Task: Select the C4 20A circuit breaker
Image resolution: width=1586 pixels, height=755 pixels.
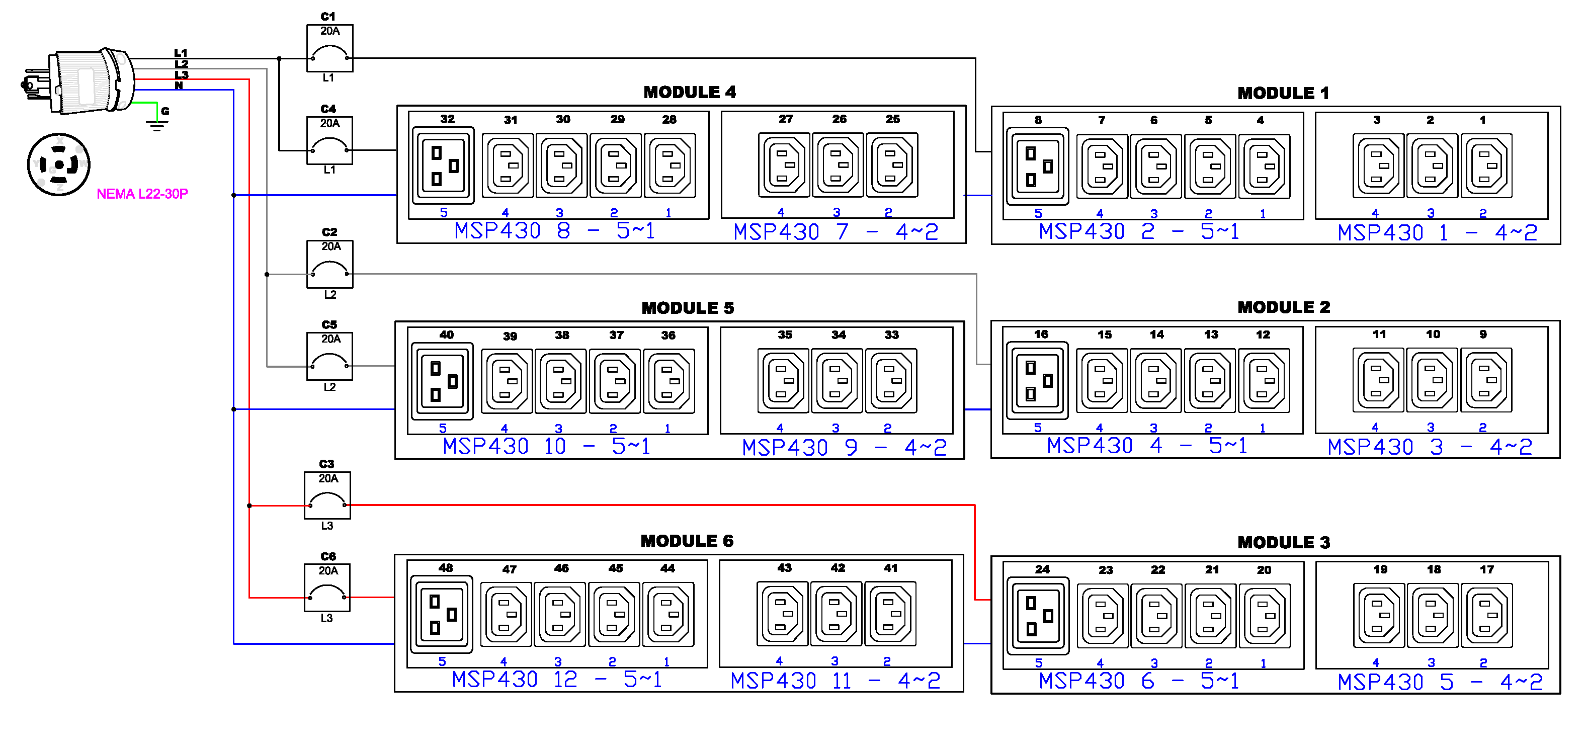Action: click(x=329, y=140)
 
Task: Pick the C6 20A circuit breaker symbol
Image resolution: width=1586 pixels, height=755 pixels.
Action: click(x=327, y=588)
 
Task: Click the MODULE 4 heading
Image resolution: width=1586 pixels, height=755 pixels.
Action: click(x=690, y=93)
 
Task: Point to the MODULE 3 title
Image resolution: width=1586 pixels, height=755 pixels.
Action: click(x=1283, y=543)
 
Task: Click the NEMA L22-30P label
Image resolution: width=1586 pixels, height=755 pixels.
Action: click(x=142, y=194)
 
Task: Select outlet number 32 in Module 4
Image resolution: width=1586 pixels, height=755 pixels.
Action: click(x=443, y=165)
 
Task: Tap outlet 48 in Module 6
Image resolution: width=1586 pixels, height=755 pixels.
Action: click(x=442, y=614)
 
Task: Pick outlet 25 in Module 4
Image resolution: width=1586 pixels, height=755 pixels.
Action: click(x=892, y=165)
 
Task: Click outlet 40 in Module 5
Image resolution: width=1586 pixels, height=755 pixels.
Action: click(x=442, y=381)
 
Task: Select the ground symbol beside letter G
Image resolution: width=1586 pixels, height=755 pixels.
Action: click(x=157, y=126)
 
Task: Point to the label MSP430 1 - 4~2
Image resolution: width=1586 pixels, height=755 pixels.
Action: click(x=1437, y=233)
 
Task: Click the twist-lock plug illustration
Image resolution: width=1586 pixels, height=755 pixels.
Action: click(x=80, y=81)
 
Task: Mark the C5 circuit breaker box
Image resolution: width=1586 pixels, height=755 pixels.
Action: click(x=329, y=357)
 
